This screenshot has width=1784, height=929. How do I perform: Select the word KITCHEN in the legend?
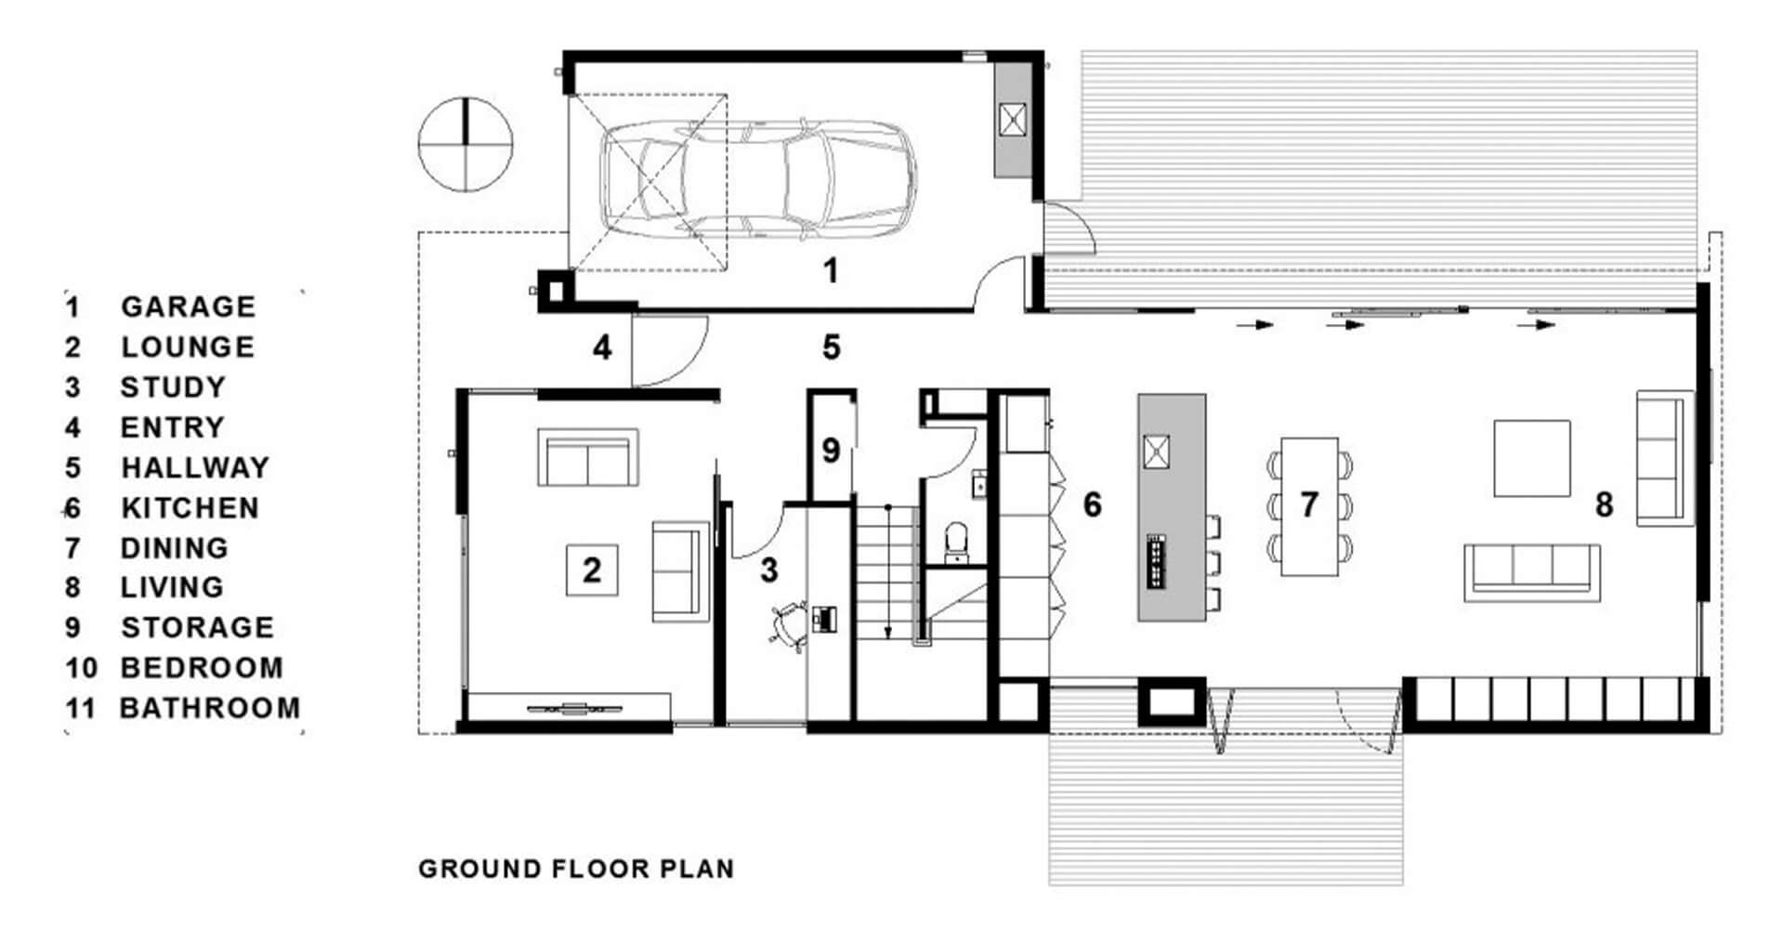pos(190,508)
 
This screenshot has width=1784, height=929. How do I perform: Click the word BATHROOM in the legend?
pos(210,708)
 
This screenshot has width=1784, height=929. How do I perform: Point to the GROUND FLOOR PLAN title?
pos(576,869)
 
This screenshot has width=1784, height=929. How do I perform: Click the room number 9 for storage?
pos(831,451)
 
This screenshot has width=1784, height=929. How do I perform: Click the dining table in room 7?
pos(1309,506)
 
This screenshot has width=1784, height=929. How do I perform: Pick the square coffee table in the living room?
pos(1532,458)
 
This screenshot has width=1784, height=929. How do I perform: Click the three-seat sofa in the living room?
pos(1531,572)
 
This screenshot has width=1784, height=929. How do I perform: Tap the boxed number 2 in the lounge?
pos(592,569)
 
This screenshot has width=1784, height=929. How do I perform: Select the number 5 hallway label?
pos(831,347)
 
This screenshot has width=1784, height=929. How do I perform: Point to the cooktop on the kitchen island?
pos(1157,561)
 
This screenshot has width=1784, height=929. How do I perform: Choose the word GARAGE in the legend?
pos(189,307)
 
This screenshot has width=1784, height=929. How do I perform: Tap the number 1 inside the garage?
pos(831,270)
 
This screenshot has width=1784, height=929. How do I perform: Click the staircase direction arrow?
pos(888,571)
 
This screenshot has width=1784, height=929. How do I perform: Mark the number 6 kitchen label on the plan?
pos(1093,504)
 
